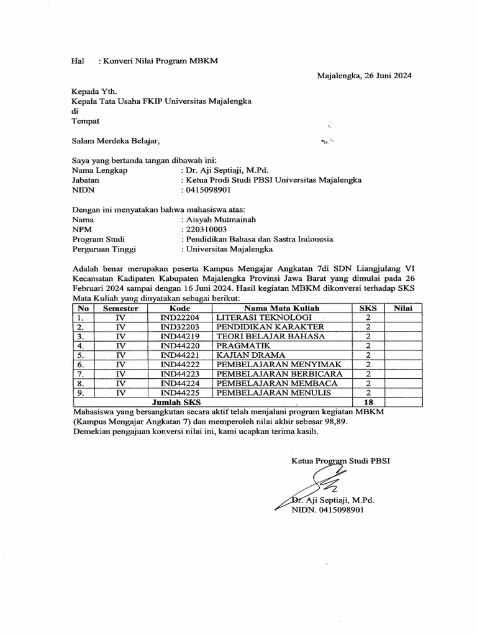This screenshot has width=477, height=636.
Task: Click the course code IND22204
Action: point(179,317)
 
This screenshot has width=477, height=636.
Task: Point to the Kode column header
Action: point(179,308)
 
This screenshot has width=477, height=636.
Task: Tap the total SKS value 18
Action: point(368,402)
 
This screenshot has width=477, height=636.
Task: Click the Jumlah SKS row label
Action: point(165,402)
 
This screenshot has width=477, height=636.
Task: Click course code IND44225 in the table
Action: point(179,393)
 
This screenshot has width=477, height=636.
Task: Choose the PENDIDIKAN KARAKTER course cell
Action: point(270,327)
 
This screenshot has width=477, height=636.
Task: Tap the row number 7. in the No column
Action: point(79,375)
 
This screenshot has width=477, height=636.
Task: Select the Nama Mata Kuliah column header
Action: point(281,308)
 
